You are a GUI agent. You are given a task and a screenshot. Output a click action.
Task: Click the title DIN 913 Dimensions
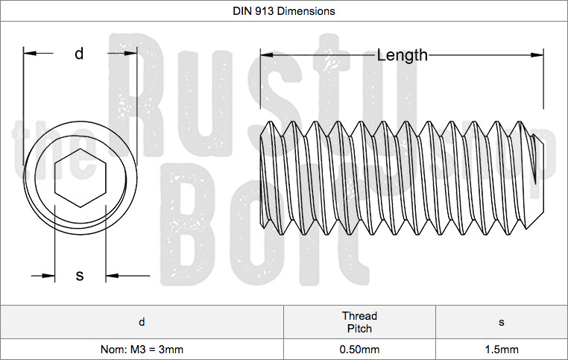click(x=284, y=11)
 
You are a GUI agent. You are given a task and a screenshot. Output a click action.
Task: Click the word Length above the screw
click(x=402, y=54)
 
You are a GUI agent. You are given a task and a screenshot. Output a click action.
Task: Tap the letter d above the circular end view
click(x=79, y=54)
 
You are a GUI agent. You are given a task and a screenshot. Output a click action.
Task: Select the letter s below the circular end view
click(x=80, y=276)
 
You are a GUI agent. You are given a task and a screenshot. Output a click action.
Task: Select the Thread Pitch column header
click(x=359, y=322)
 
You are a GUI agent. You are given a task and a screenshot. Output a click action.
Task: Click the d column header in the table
click(x=142, y=322)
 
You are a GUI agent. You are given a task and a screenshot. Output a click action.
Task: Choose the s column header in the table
click(x=501, y=322)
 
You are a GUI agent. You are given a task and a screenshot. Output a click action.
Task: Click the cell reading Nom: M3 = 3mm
click(x=142, y=350)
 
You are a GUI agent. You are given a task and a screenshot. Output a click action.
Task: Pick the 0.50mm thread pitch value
click(x=359, y=350)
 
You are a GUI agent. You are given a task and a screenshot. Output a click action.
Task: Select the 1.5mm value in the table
click(x=501, y=350)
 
